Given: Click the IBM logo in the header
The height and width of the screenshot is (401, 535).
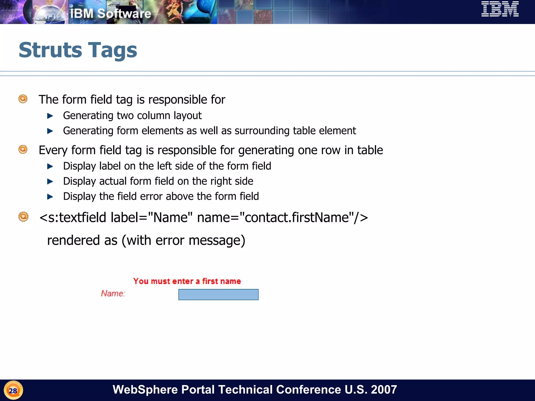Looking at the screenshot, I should click(x=500, y=9).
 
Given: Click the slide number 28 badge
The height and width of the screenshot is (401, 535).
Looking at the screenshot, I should click(x=13, y=391).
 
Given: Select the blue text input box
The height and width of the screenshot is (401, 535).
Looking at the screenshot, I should click(x=218, y=294).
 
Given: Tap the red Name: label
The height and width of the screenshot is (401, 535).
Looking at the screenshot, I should click(x=113, y=293).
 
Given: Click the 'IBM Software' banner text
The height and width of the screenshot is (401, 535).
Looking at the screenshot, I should click(x=111, y=14).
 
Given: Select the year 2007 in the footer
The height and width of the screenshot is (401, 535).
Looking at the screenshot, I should click(x=384, y=390).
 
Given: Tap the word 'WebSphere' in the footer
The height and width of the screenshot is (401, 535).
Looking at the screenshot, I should click(x=145, y=390).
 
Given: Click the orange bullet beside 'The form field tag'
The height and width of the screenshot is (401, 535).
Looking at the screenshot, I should click(x=23, y=99).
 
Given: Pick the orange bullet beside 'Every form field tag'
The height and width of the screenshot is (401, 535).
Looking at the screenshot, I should click(x=23, y=150).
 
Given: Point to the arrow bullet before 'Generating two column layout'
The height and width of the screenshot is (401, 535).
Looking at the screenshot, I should click(x=50, y=116).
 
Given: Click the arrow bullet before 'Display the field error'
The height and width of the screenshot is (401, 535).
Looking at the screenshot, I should click(x=50, y=197).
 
